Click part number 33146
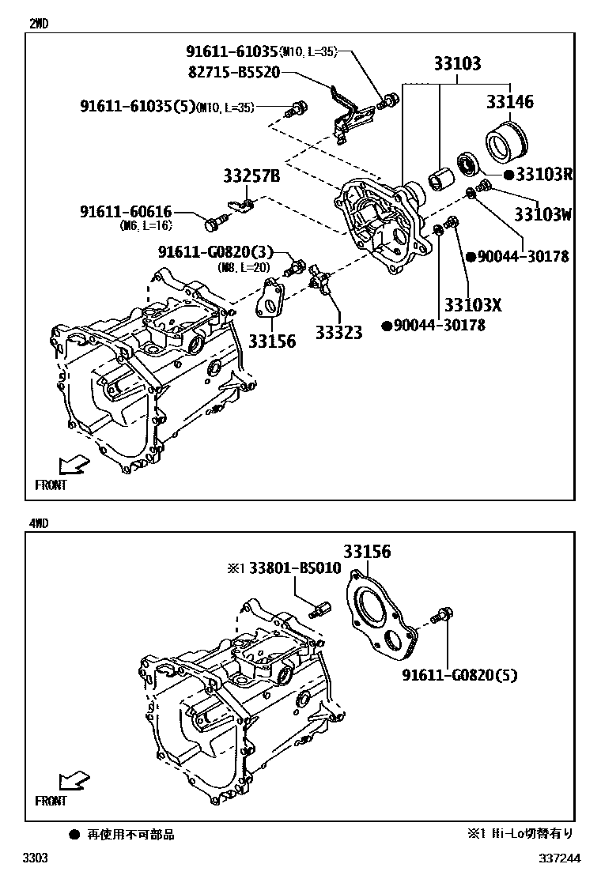(509, 101)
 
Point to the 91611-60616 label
(125, 212)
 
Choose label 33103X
(473, 305)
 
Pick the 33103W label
(542, 213)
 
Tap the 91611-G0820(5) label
(459, 675)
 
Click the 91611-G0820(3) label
(214, 252)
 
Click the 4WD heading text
(38, 522)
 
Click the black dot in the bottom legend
(74, 834)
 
